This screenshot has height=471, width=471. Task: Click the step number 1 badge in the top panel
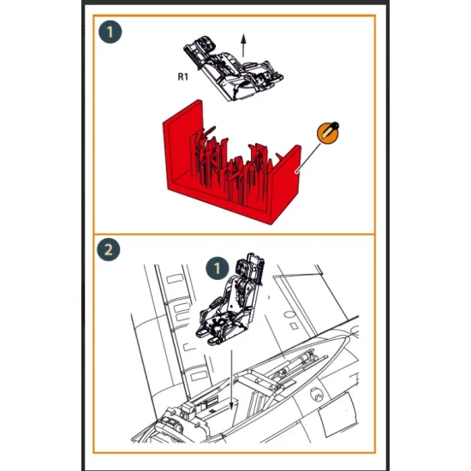tap(110, 33)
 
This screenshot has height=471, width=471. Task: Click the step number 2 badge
tap(109, 251)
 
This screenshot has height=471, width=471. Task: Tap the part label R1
tap(182, 77)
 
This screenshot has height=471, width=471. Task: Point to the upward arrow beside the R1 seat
tap(243, 47)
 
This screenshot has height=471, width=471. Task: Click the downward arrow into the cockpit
tap(233, 377)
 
